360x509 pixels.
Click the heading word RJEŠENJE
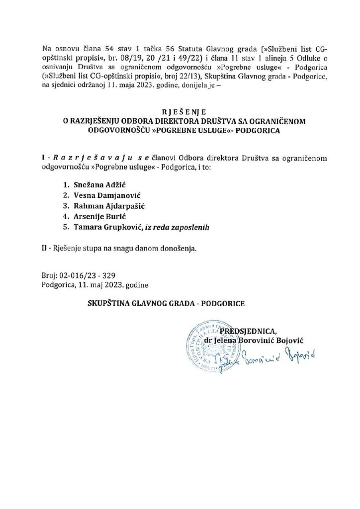pos(180,112)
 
